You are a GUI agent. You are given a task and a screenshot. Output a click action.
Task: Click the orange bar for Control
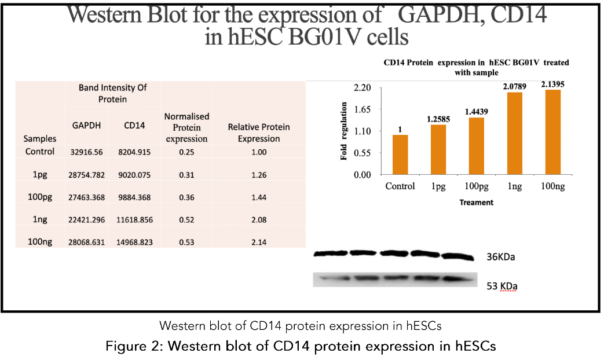tap(400, 155)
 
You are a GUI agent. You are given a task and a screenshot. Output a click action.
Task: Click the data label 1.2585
tap(438, 119)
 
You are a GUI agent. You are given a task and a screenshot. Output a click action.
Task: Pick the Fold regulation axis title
tap(344, 131)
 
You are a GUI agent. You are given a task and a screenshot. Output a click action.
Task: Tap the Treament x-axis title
tap(476, 203)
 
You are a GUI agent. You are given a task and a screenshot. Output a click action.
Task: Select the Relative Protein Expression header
tap(258, 133)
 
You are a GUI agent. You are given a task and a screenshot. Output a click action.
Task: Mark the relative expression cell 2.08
tap(258, 220)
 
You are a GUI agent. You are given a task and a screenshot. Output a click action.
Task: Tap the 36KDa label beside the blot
tap(500, 257)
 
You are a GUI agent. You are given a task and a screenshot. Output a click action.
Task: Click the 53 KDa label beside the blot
tap(501, 286)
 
